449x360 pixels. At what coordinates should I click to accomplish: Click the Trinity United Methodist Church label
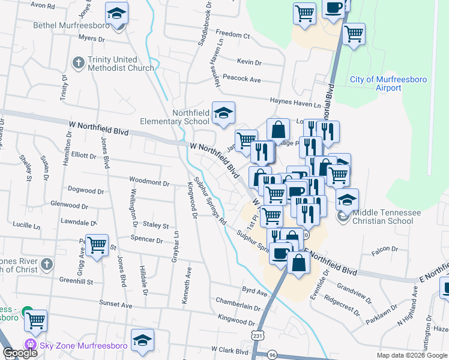pyautogui.click(x=121, y=64)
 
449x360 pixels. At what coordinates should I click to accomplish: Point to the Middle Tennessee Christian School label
pyautogui.click(x=383, y=217)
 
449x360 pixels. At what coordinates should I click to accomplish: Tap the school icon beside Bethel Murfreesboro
pyautogui.click(x=116, y=13)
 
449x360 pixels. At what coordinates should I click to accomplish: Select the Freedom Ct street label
pyautogui.click(x=232, y=35)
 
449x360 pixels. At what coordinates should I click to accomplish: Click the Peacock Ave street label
pyautogui.click(x=241, y=79)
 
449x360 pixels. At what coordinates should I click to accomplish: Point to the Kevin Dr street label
pyautogui.click(x=249, y=62)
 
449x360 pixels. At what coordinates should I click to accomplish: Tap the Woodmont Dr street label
pyautogui.click(x=150, y=181)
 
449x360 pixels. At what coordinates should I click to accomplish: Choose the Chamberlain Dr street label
pyautogui.click(x=238, y=307)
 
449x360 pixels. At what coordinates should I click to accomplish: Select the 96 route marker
pyautogui.click(x=273, y=355)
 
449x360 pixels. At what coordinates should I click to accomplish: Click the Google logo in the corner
pyautogui.click(x=20, y=353)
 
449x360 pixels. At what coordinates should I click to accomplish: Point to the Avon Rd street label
pyautogui.click(x=43, y=5)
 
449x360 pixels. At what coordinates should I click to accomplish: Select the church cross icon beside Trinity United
pyautogui.click(x=79, y=62)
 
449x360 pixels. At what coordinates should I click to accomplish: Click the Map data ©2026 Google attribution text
pyautogui.click(x=411, y=355)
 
